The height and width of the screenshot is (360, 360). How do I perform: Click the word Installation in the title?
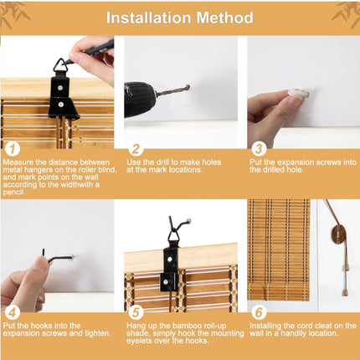[x=149, y=18]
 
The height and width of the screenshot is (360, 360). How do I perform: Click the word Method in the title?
[x=225, y=18]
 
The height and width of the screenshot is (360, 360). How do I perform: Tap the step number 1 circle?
[x=13, y=149]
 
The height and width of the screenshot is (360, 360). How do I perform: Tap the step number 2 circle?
[x=136, y=149]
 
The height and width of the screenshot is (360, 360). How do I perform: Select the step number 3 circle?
[x=259, y=149]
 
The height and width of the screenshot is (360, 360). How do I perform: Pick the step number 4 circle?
[x=13, y=312]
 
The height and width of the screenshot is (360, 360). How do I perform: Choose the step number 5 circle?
[x=136, y=312]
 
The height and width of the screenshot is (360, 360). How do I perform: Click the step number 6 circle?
[x=259, y=312]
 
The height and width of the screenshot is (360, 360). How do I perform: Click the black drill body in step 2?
[x=140, y=100]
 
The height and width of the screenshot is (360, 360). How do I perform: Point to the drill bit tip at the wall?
[x=189, y=86]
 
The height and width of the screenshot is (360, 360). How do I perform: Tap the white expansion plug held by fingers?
[x=300, y=94]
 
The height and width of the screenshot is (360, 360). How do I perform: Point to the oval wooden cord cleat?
[x=337, y=234]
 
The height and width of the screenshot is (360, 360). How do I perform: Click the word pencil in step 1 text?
[x=14, y=193]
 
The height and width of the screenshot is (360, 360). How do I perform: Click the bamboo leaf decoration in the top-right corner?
[x=347, y=14]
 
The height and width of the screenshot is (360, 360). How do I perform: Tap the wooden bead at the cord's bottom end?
[x=346, y=293]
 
